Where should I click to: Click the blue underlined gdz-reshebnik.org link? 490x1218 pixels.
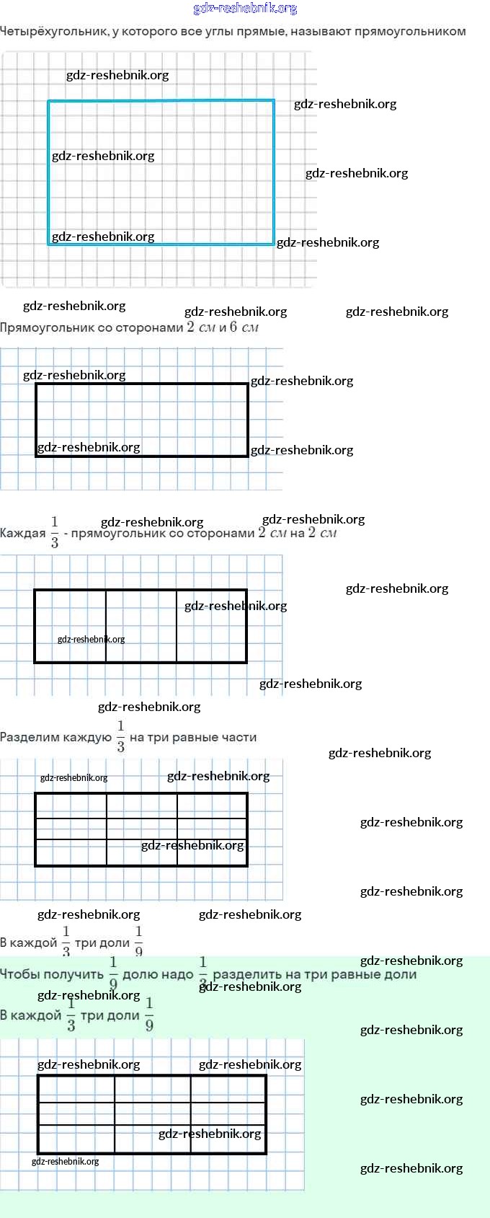[x=245, y=9]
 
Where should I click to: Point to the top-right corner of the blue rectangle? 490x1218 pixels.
[x=274, y=101]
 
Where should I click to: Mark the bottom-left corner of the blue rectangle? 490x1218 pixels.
[x=49, y=244]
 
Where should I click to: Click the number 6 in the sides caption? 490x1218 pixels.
[x=233, y=327]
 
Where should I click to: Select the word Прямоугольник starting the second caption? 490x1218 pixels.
[x=46, y=328]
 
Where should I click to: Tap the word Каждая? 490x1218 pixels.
[x=23, y=534]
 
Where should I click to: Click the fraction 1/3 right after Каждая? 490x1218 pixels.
[x=55, y=532]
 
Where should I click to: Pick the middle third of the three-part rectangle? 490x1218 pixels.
[x=141, y=626]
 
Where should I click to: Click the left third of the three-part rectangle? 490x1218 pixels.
[x=71, y=626]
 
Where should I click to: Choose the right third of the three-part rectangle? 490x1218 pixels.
[x=212, y=626]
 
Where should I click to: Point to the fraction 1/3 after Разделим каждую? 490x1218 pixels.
[x=120, y=736]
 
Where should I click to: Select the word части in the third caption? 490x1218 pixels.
[x=240, y=738]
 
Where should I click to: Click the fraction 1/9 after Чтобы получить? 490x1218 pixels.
[x=113, y=974]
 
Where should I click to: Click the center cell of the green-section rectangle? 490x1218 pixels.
[x=153, y=1114]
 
